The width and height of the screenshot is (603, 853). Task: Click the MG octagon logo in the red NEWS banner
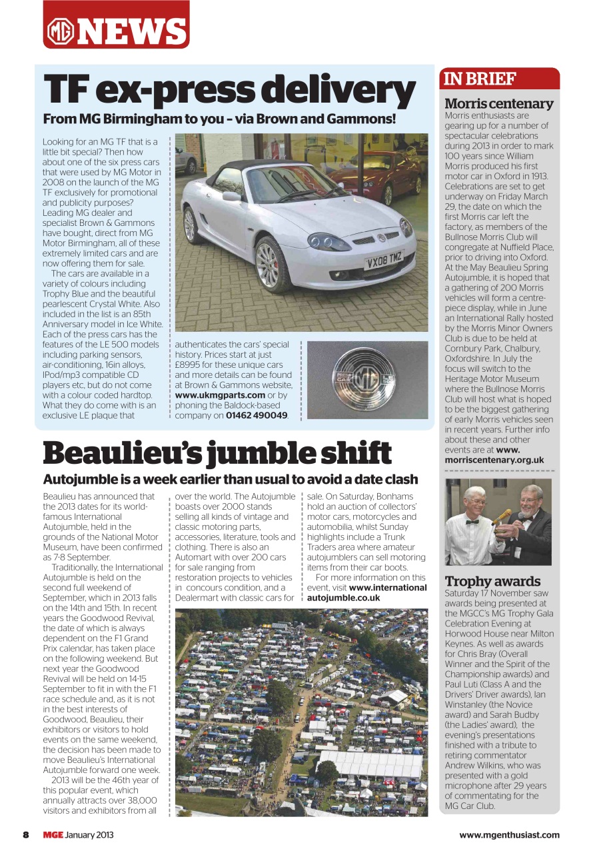click(x=60, y=31)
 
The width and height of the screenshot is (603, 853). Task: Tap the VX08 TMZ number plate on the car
click(x=384, y=260)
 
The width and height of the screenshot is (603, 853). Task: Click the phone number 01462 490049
click(x=257, y=415)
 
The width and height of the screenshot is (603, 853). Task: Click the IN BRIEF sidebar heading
click(x=480, y=79)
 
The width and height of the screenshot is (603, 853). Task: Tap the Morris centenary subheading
click(x=498, y=103)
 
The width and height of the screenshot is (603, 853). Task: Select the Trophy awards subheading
click(x=492, y=581)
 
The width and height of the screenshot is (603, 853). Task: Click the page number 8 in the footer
click(x=26, y=835)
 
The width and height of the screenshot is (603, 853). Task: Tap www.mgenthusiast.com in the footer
click(x=509, y=835)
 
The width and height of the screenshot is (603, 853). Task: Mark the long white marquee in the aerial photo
click(x=370, y=764)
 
